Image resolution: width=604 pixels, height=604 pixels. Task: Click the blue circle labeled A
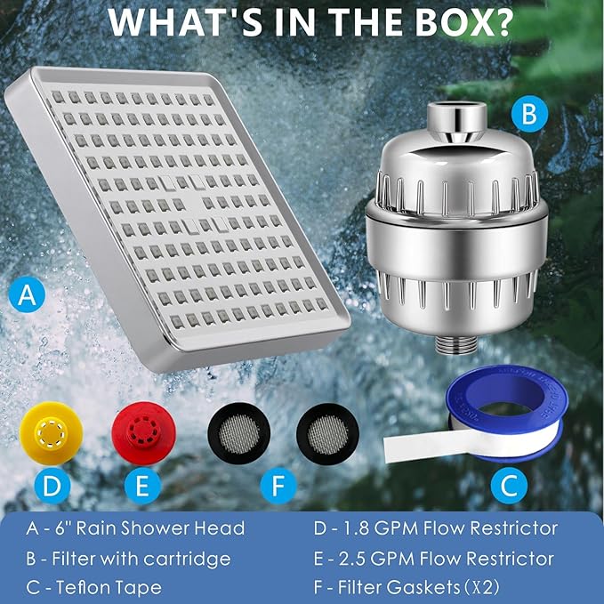[x=27, y=294]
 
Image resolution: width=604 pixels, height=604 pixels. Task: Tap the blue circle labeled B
[x=529, y=114]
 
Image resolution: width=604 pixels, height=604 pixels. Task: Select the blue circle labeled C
[x=509, y=485]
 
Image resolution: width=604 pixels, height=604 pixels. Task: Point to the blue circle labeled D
[x=52, y=486]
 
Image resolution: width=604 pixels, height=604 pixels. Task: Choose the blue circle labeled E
[x=142, y=486]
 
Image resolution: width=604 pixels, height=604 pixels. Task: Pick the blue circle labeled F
[x=278, y=486]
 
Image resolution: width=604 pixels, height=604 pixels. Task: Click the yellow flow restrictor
[x=51, y=433]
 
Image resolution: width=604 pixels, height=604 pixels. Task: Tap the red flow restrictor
[x=144, y=433]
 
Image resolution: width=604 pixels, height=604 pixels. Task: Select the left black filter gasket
[x=238, y=433]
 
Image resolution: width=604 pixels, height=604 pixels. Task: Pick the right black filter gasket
[x=327, y=433]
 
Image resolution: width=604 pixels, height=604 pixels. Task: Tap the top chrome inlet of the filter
[x=455, y=118]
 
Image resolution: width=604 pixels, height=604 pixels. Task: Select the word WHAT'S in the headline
[x=187, y=22]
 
